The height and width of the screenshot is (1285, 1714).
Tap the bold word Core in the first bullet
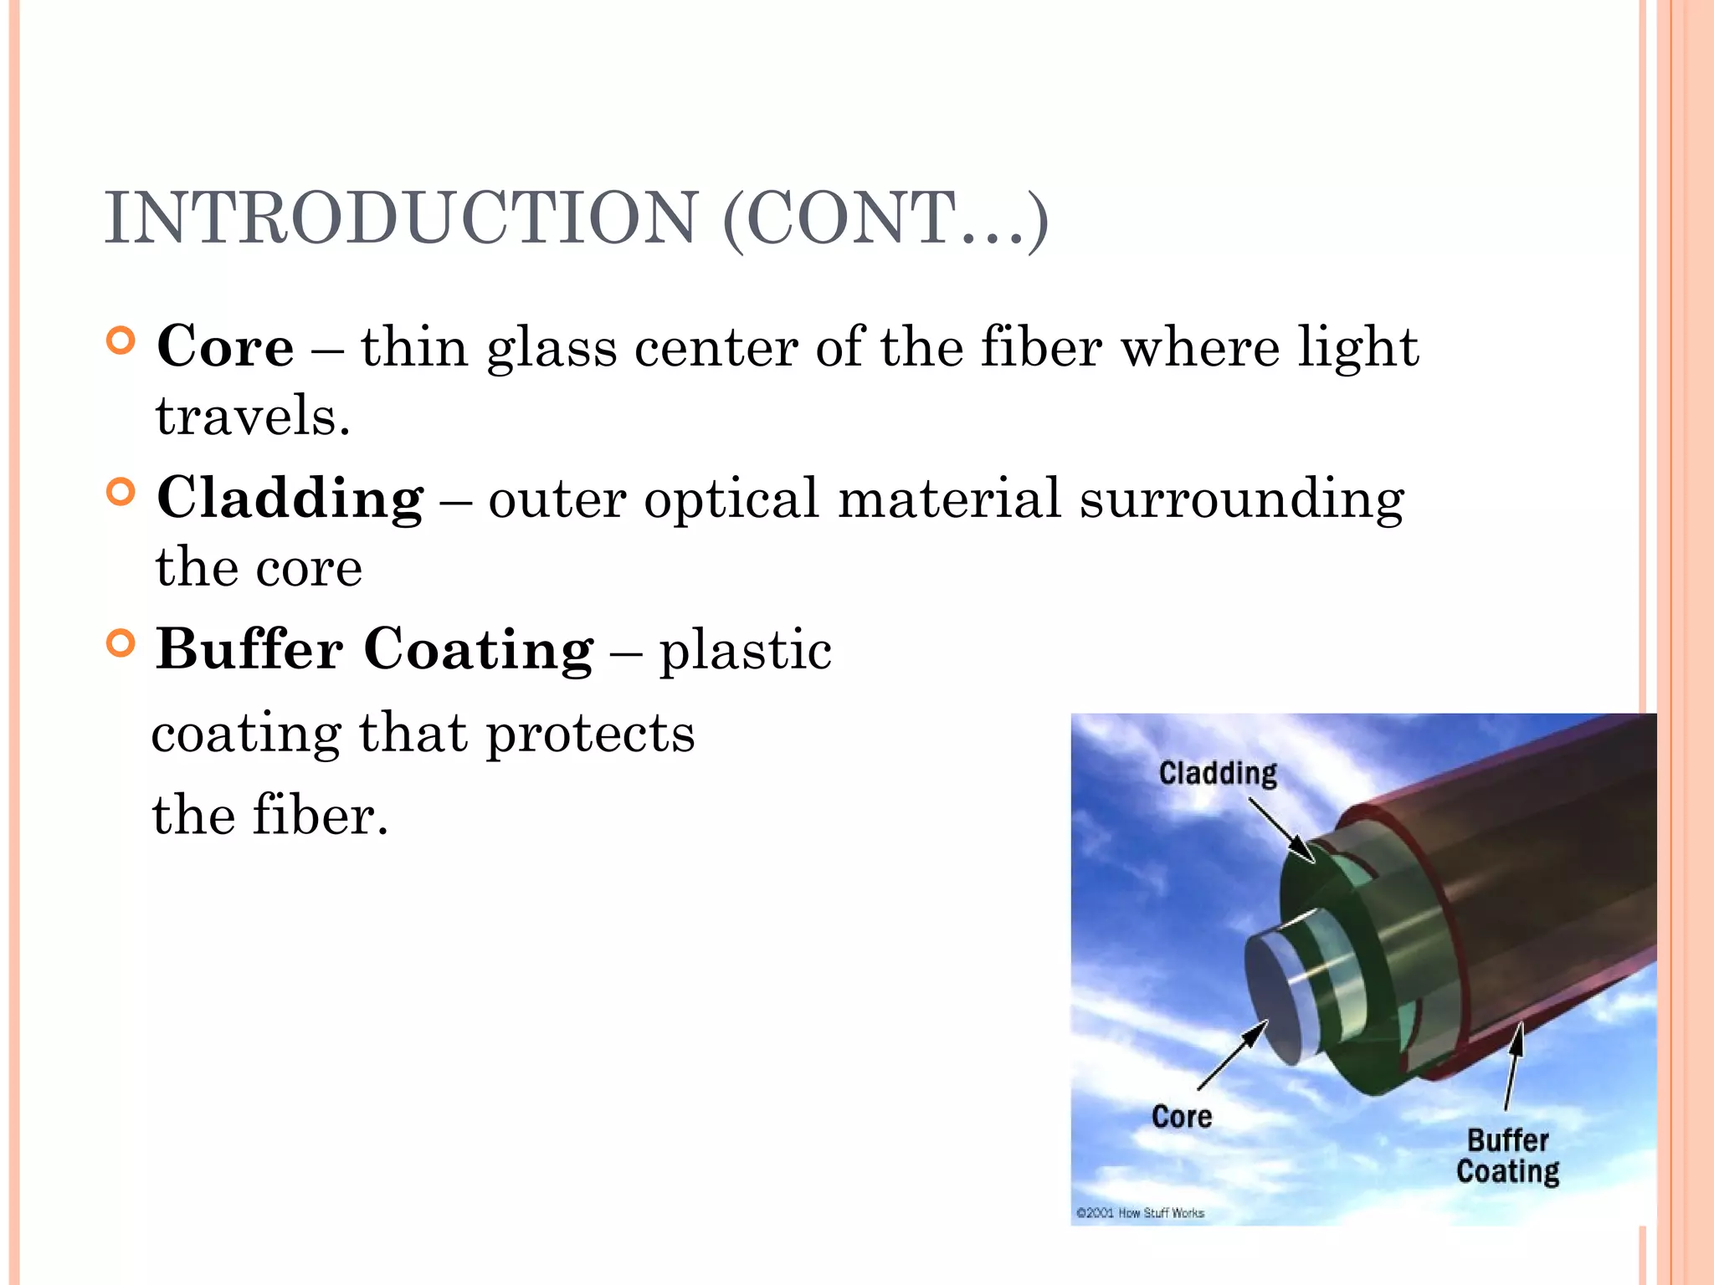[x=225, y=346]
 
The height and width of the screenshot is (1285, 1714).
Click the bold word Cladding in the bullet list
[x=290, y=499]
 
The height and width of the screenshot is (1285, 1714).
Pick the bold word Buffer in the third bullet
[x=249, y=649]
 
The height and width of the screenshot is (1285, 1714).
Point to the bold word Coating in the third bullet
[x=478, y=649]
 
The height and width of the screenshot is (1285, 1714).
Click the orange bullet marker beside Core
[x=121, y=341]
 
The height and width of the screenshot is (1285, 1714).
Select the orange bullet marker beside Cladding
[x=121, y=493]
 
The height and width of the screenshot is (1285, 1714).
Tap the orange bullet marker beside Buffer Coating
[x=121, y=643]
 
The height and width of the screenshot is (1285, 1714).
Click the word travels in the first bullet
[x=252, y=417]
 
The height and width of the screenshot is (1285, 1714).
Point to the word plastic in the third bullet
[x=745, y=651]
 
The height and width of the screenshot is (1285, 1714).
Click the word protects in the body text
[x=590, y=735]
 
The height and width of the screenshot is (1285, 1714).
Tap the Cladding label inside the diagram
[x=1218, y=773]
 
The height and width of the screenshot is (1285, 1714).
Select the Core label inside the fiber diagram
[x=1181, y=1117]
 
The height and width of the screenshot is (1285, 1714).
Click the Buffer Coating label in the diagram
[x=1508, y=1156]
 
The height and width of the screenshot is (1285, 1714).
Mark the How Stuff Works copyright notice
[x=1140, y=1212]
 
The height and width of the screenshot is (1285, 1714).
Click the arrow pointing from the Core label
[x=1233, y=1055]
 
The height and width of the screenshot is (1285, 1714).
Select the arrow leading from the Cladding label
[x=1281, y=829]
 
